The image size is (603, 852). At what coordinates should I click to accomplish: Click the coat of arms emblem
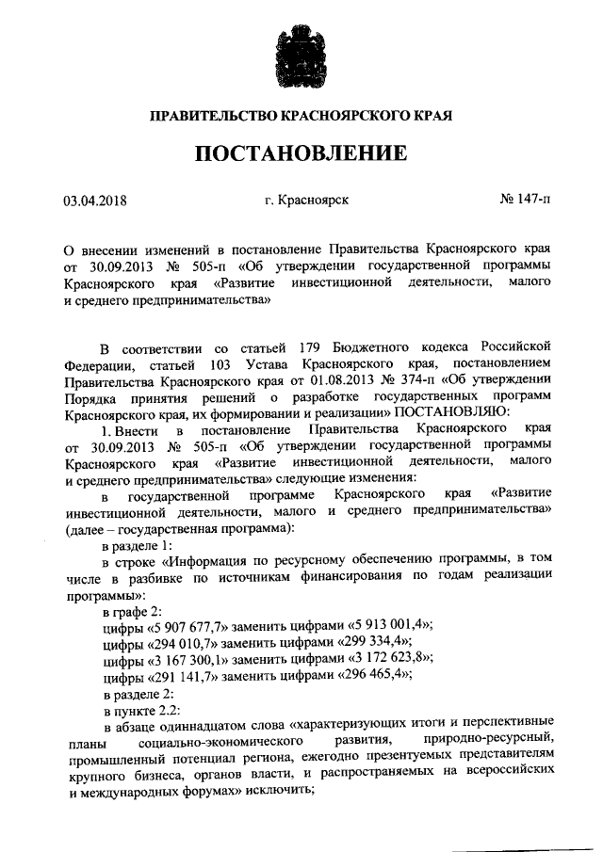pos(301,56)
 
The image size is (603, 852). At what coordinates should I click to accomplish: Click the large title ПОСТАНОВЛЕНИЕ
pos(301,153)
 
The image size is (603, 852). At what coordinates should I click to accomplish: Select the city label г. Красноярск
pos(306,201)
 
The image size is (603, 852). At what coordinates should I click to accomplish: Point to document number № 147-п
pos(525,201)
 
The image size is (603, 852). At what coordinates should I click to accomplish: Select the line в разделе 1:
pos(138,546)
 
